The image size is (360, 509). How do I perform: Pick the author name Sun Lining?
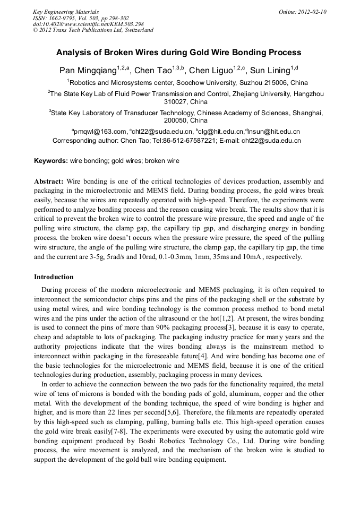point(270,70)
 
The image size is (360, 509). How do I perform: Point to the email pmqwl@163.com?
point(100,132)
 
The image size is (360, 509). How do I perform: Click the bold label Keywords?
point(51,161)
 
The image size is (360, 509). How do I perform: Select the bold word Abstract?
point(49,181)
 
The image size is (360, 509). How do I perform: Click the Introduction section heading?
point(54,277)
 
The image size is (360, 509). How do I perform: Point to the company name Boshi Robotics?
point(159,441)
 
